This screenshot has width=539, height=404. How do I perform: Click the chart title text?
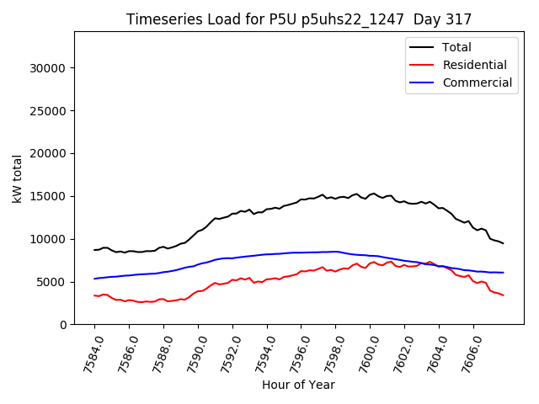pyautogui.click(x=299, y=19)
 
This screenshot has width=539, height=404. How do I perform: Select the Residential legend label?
pyautogui.click(x=474, y=65)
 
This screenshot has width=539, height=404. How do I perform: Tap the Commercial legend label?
pyautogui.click(x=477, y=82)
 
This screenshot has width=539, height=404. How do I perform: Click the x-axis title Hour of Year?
pyautogui.click(x=298, y=385)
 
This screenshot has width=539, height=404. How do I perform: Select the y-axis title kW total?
pyautogui.click(x=17, y=178)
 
